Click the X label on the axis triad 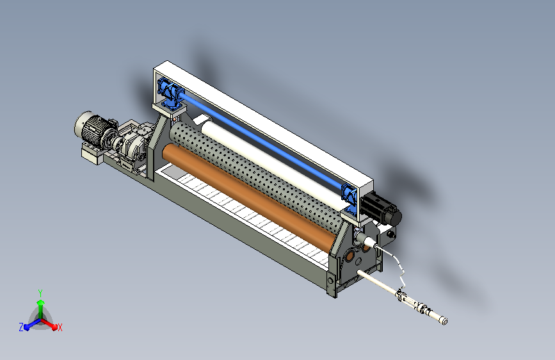(60, 328)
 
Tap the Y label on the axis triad (40, 293)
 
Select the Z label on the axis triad (21, 327)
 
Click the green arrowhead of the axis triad (41, 302)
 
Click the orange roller (248, 199)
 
